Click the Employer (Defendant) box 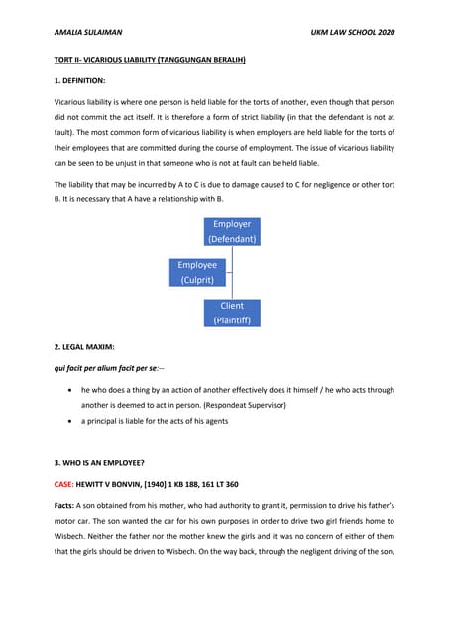[x=232, y=232]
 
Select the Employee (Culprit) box [x=197, y=273]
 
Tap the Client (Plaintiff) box [x=232, y=314]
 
